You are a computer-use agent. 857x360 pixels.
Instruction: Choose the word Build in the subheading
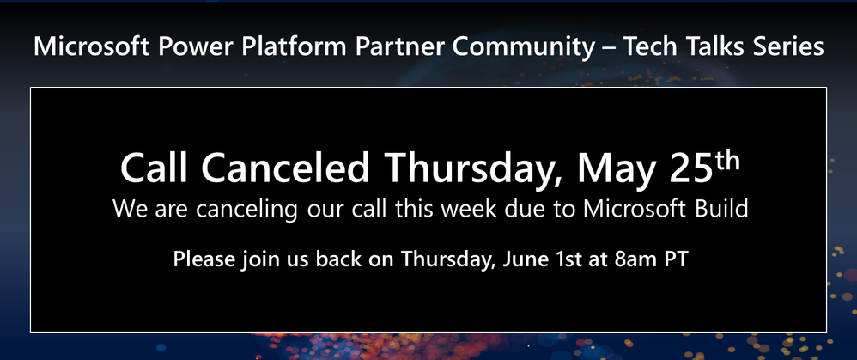721,209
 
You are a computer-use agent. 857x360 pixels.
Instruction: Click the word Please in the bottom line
204,259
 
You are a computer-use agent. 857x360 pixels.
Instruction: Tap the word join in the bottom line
257,259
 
